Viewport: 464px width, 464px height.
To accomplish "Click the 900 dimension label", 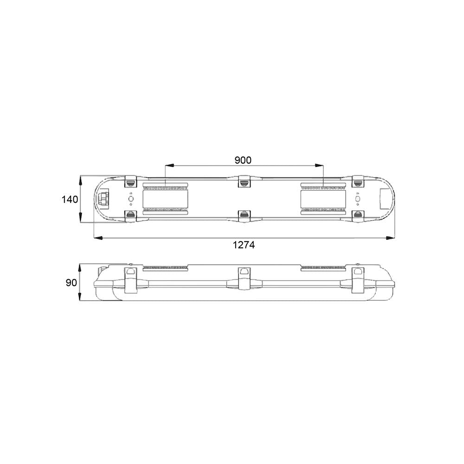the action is [243, 160].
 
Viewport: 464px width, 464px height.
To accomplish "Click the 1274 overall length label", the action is [244, 245].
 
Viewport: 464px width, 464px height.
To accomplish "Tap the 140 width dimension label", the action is [70, 200].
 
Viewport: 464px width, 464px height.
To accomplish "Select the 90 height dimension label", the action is [71, 283].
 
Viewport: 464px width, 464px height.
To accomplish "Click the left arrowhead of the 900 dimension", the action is [169, 166].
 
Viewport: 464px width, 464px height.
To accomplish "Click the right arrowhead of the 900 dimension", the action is [319, 166].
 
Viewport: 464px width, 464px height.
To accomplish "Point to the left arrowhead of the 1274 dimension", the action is [98, 238].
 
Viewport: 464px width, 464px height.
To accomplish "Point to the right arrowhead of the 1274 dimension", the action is [391, 238].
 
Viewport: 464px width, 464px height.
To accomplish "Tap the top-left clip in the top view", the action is [130, 181].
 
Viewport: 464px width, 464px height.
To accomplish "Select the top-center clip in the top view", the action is [244, 181].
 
